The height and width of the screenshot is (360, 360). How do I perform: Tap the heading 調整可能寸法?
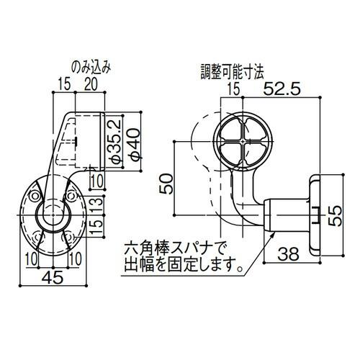233,73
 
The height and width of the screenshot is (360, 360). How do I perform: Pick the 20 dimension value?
91,85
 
